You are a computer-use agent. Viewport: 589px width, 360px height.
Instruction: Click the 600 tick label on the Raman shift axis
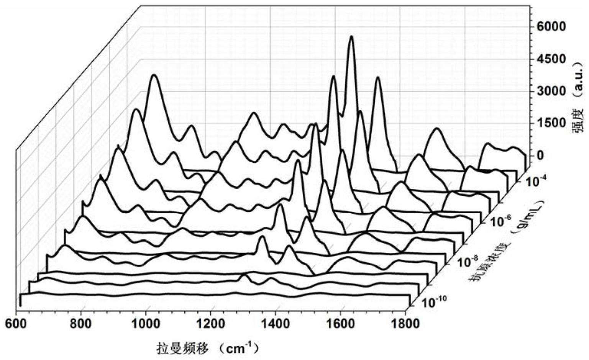[x=16, y=324]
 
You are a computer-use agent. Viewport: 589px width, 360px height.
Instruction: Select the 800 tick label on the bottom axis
[x=81, y=324]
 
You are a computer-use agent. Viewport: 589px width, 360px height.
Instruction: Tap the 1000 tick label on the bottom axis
[x=146, y=324]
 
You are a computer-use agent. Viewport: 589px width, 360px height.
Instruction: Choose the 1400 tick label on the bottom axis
[x=276, y=324]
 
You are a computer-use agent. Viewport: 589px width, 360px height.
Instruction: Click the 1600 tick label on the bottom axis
[x=341, y=324]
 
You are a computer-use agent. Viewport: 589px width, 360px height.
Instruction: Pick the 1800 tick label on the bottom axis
[x=406, y=324]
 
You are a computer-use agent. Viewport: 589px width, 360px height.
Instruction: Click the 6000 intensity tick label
[x=551, y=27]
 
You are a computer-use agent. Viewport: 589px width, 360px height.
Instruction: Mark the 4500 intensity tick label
[x=551, y=59]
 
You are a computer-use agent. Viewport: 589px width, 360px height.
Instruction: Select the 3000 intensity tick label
[x=551, y=91]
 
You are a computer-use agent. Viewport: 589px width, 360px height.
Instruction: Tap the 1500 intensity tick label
[x=551, y=123]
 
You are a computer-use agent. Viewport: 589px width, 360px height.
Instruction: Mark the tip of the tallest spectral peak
[x=351, y=37]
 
